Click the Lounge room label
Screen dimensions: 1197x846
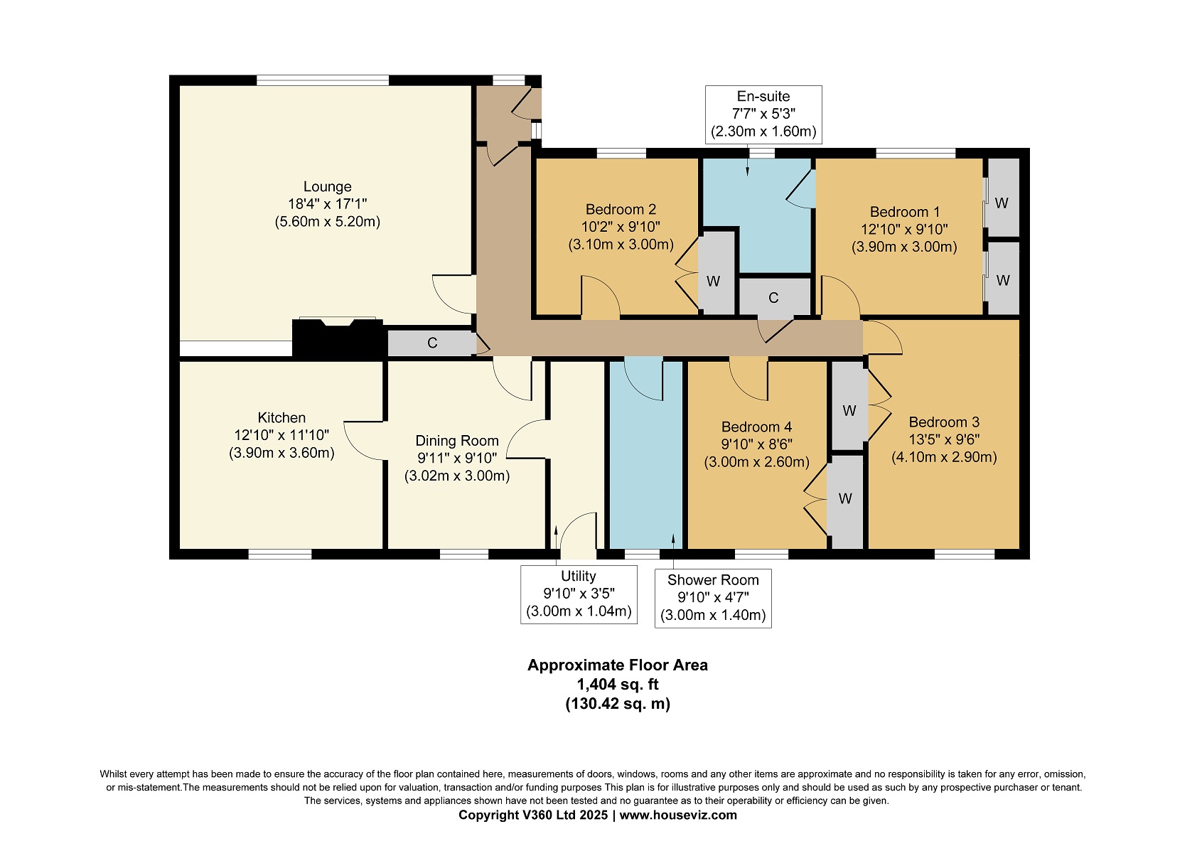(x=328, y=186)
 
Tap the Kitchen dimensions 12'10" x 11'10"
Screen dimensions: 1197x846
(x=281, y=435)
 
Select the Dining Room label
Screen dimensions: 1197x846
(x=457, y=440)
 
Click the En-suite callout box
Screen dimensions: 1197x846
(x=763, y=114)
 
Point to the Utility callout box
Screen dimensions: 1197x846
(x=579, y=594)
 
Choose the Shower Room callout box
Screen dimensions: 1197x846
(x=713, y=598)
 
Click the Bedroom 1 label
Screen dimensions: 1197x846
(x=905, y=212)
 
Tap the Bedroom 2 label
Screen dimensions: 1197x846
(x=621, y=209)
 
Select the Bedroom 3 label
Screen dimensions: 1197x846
(x=944, y=422)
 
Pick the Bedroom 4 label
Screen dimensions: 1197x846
(x=757, y=427)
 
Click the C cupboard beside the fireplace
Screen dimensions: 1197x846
(x=431, y=343)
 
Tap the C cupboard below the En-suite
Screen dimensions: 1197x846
(x=774, y=298)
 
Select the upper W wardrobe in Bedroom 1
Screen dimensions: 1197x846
(x=1003, y=198)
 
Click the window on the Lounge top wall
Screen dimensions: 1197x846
(x=323, y=80)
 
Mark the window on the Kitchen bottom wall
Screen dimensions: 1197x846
(x=280, y=555)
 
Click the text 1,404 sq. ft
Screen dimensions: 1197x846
(x=618, y=684)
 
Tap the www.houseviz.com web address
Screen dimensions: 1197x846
(x=678, y=815)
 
